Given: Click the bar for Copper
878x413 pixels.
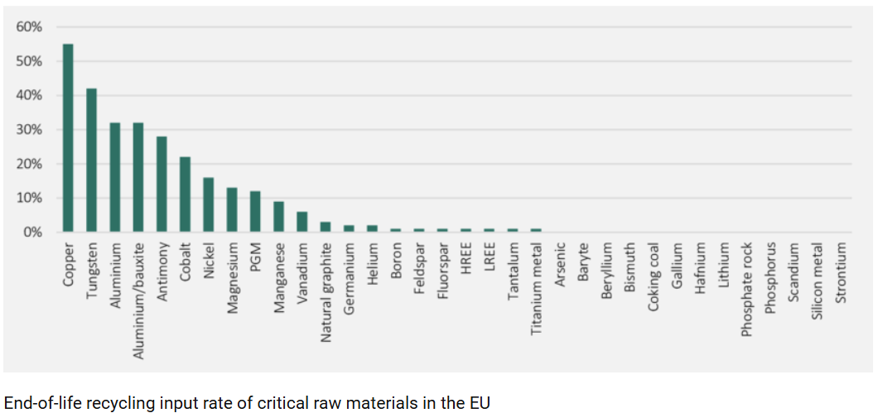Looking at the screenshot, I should pyautogui.click(x=68, y=138).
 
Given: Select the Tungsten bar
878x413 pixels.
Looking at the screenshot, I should pyautogui.click(x=91, y=161).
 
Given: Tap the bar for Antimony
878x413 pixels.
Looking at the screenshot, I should pyautogui.click(x=162, y=185).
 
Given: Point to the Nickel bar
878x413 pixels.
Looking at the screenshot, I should pyautogui.click(x=209, y=205).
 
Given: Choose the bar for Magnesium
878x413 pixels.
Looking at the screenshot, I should pyautogui.click(x=232, y=210).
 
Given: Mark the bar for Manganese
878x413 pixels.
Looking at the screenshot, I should pyautogui.click(x=279, y=217).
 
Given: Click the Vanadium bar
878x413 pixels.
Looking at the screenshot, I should pyautogui.click(x=302, y=222).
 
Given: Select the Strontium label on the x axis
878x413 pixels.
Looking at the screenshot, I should pyautogui.click(x=842, y=272).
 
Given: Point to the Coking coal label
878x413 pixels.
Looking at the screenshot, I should pyautogui.click(x=654, y=276).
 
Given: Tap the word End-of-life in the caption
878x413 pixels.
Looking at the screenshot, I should pyautogui.click(x=41, y=403).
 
